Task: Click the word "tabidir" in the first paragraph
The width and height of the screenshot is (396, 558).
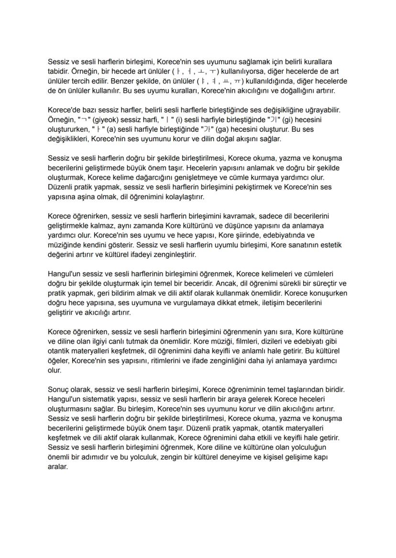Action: pos(59,71)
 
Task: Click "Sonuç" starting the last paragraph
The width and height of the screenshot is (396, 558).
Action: pos(59,390)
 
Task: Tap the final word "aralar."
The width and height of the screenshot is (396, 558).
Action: pos(58,467)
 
